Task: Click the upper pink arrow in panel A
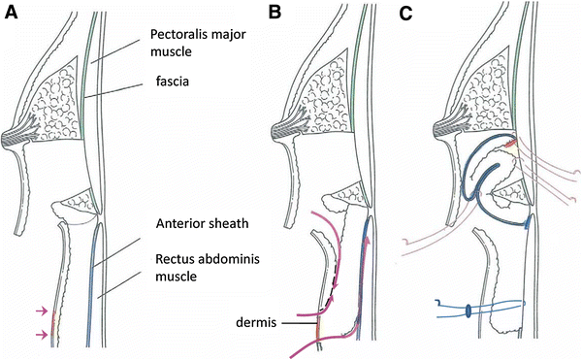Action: [38, 310]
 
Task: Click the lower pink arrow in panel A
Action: [38, 334]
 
